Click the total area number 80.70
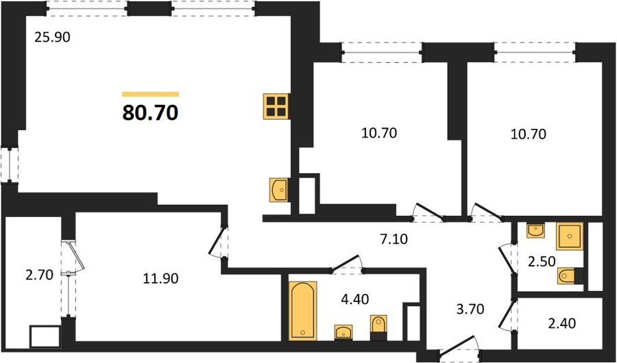pyautogui.click(x=150, y=113)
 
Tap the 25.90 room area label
pyautogui.click(x=52, y=38)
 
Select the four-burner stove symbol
pyautogui.click(x=276, y=106)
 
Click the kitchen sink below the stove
pyautogui.click(x=279, y=190)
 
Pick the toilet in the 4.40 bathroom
pyautogui.click(x=378, y=327)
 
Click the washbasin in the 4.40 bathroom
pyautogui.click(x=343, y=332)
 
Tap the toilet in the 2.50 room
pyautogui.click(x=570, y=276)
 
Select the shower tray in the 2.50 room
pyautogui.click(x=569, y=236)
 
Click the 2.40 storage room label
pyautogui.click(x=561, y=323)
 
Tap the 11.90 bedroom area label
pyautogui.click(x=160, y=279)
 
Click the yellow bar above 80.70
pyautogui.click(x=150, y=94)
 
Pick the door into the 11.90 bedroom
pyautogui.click(x=217, y=242)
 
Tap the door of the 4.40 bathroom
pyautogui.click(x=346, y=264)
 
